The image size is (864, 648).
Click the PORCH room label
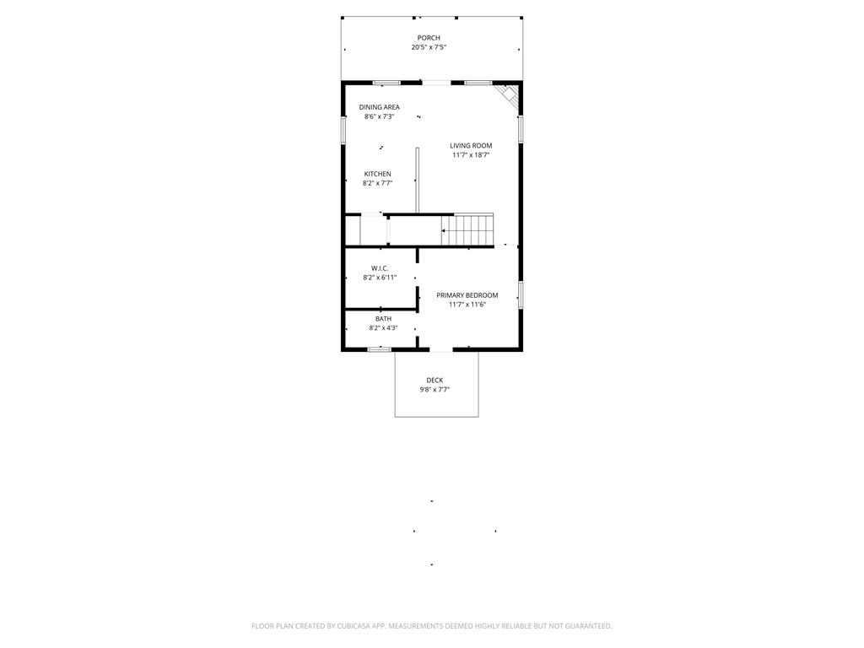(x=429, y=38)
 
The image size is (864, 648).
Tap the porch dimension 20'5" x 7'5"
(x=429, y=47)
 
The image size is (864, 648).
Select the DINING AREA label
(x=379, y=107)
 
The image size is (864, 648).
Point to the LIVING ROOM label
(x=471, y=146)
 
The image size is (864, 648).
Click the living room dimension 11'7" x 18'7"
(x=471, y=155)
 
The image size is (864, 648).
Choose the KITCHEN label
(x=377, y=174)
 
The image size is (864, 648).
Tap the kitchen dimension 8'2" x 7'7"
(x=377, y=183)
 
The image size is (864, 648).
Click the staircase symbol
(x=467, y=229)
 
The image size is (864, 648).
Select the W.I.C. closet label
(x=380, y=268)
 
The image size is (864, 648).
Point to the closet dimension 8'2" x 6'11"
(x=380, y=278)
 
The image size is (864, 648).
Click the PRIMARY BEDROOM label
(x=467, y=295)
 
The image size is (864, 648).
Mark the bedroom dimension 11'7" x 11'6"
(x=467, y=305)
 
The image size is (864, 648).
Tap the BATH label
(x=383, y=319)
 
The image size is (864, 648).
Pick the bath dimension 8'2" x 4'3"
(x=383, y=328)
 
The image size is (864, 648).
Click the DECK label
(x=435, y=381)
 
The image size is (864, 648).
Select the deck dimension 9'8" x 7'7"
(x=435, y=390)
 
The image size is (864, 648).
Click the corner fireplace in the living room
(x=509, y=94)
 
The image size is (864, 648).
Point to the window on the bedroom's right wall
(x=521, y=294)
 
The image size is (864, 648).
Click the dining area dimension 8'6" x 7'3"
(x=379, y=116)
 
